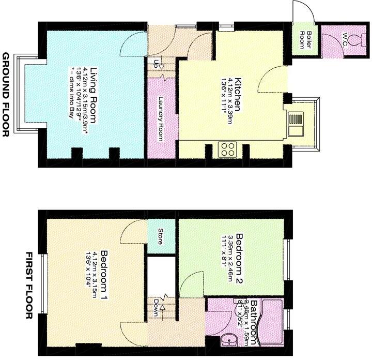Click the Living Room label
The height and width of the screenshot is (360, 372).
94,93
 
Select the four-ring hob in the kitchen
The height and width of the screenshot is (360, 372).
227,149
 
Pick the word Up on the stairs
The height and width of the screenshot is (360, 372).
156,65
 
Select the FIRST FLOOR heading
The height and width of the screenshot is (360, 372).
29,285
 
